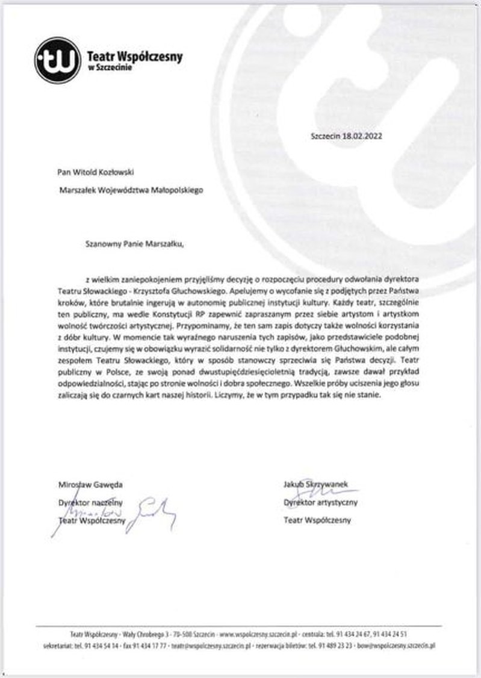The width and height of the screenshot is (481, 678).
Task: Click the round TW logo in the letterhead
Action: coord(57,60)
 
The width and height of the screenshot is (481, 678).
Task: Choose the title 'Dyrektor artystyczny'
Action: coord(320,501)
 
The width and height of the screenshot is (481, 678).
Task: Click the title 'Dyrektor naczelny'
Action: coord(90,501)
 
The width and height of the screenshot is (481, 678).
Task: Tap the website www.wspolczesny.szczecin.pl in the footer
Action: coord(259,634)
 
